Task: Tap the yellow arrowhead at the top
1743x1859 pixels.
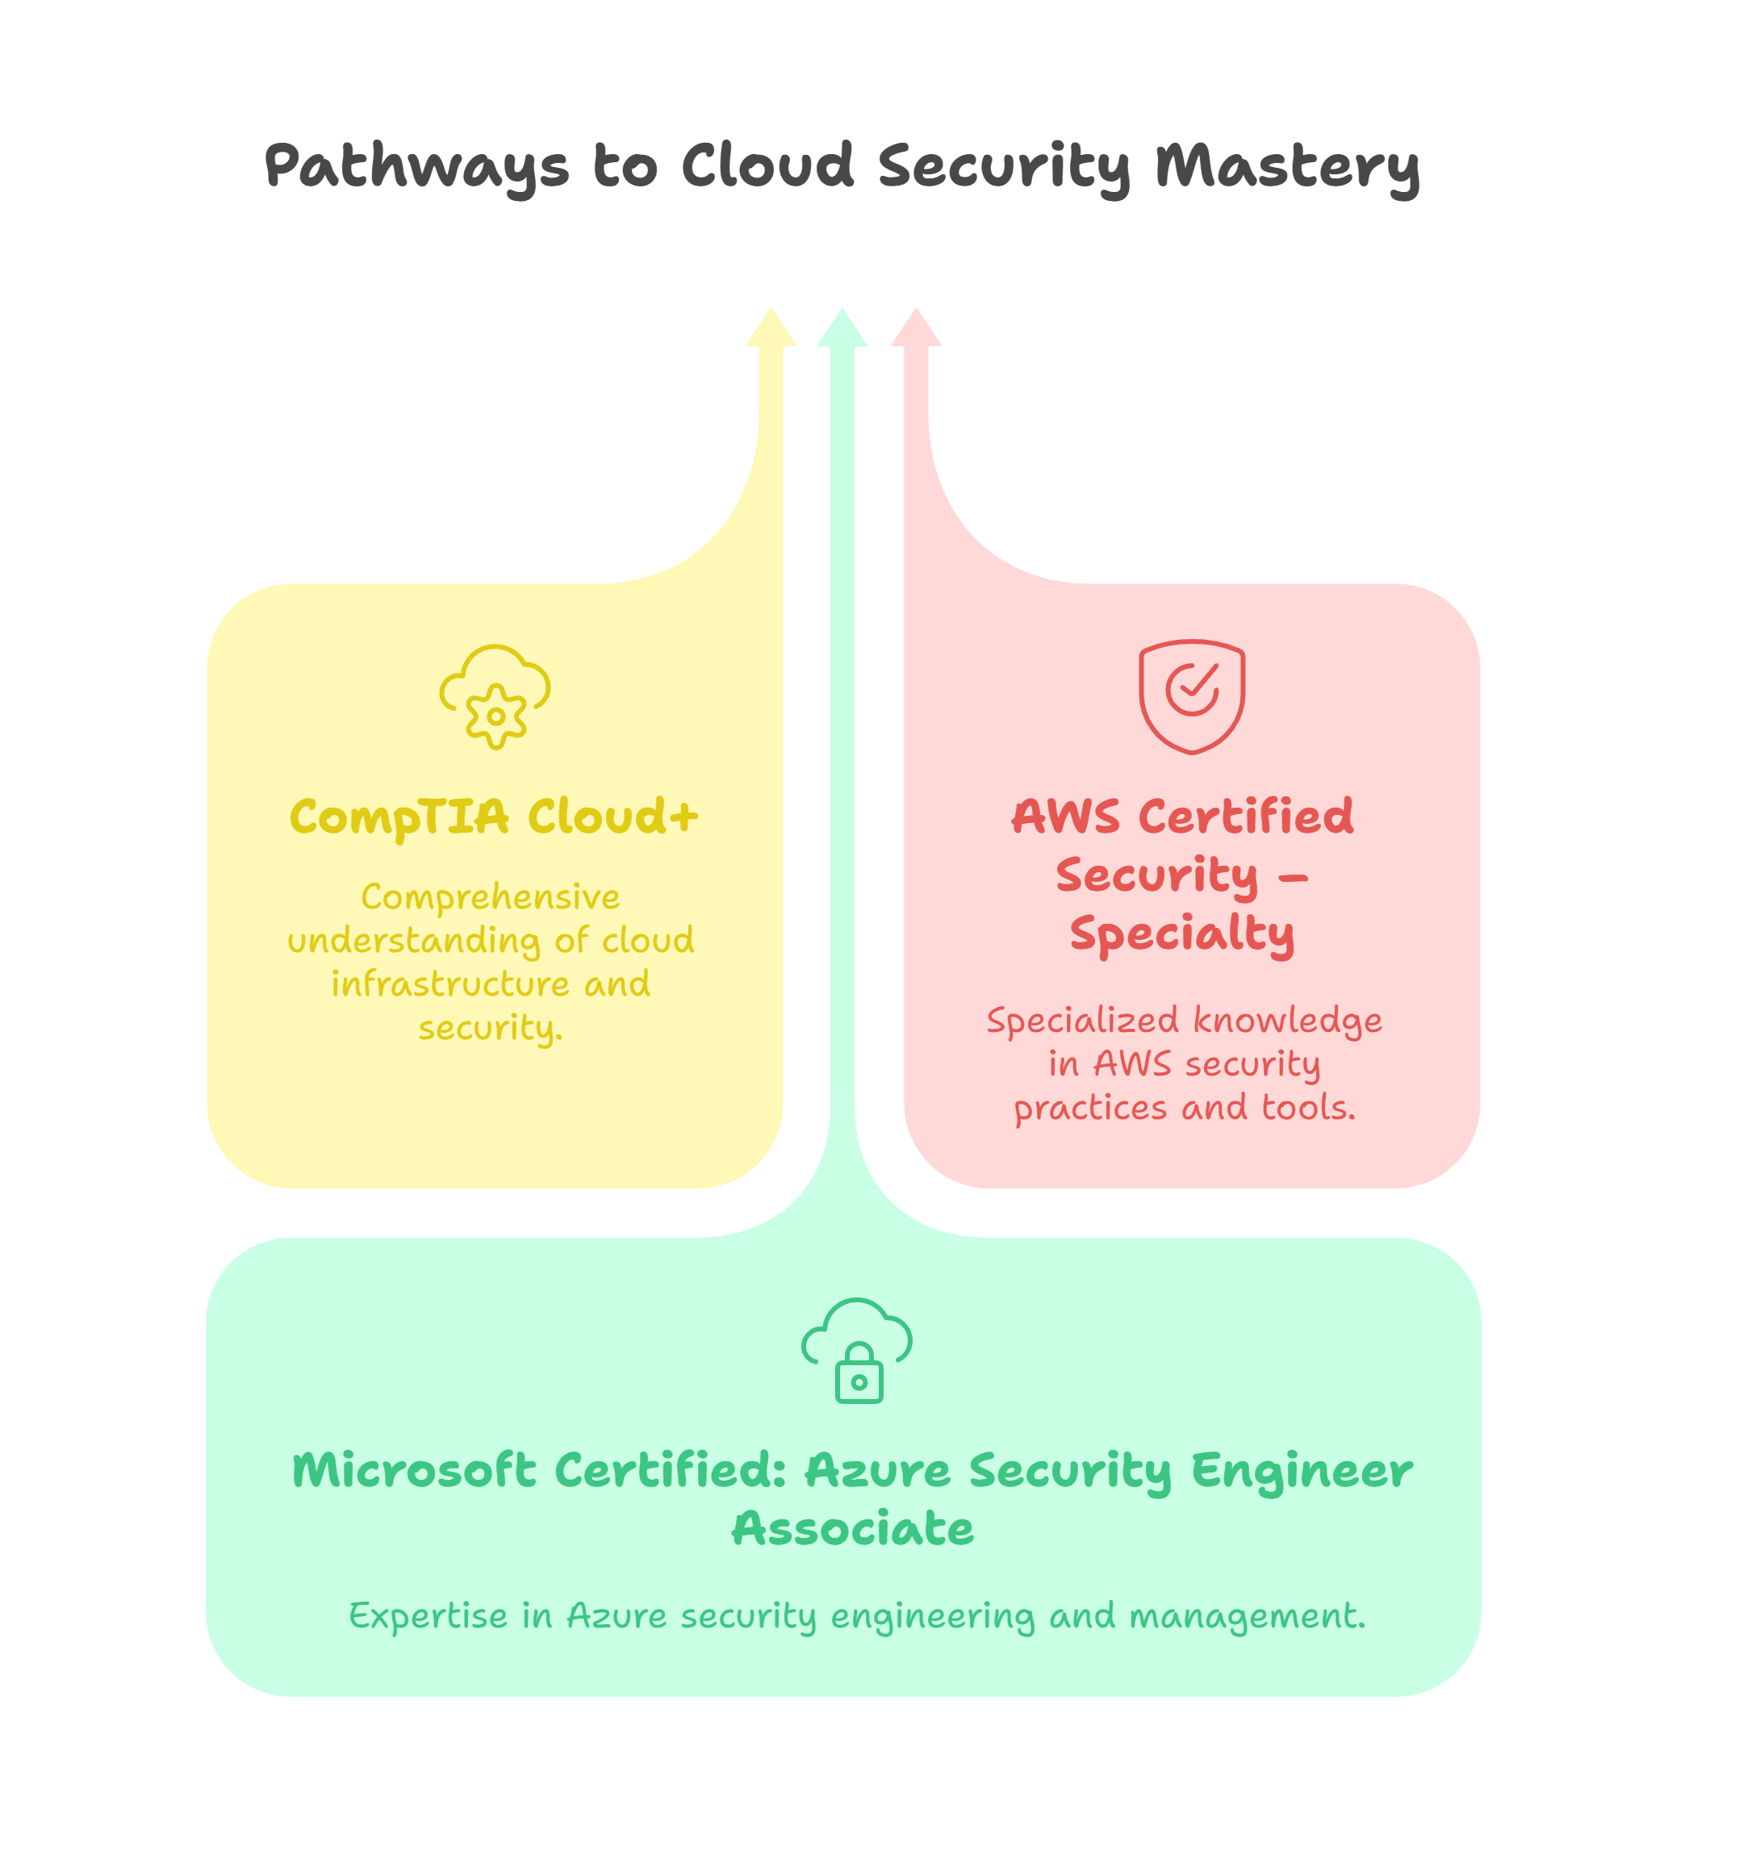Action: tap(771, 329)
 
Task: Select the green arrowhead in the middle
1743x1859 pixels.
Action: tap(842, 329)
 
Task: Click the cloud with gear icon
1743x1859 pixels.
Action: tap(495, 696)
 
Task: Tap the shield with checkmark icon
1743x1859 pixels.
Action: tap(1191, 696)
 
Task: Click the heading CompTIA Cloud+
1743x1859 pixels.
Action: tap(494, 817)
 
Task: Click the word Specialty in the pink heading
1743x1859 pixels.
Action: tap(1182, 934)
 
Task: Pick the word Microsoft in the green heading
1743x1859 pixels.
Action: tap(414, 1471)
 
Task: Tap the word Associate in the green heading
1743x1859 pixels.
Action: tap(853, 1530)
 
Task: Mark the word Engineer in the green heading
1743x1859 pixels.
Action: tap(1302, 1471)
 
